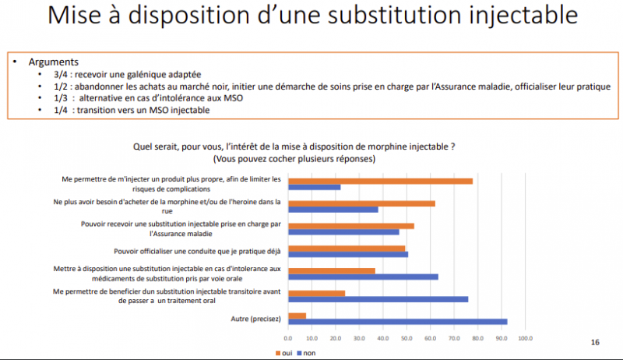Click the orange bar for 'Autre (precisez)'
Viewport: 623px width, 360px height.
click(297, 316)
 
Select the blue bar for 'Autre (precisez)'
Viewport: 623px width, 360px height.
click(397, 321)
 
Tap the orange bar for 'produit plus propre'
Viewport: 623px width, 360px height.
click(380, 181)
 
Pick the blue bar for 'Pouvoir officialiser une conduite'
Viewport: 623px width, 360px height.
click(347, 254)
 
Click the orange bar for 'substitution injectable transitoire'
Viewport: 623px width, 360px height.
click(316, 293)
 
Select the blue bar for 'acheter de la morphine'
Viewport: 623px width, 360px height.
click(333, 209)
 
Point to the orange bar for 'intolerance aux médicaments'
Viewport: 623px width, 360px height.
click(332, 270)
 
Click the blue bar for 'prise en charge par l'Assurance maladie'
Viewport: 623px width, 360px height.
click(343, 231)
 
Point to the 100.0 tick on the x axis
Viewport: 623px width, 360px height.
click(525, 338)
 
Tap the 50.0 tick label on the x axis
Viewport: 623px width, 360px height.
click(407, 338)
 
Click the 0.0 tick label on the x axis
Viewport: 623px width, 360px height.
click(288, 338)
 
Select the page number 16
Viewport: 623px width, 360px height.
click(596, 342)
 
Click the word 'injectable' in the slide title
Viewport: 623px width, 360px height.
click(511, 17)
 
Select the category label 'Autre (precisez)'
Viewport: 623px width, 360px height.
click(256, 318)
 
